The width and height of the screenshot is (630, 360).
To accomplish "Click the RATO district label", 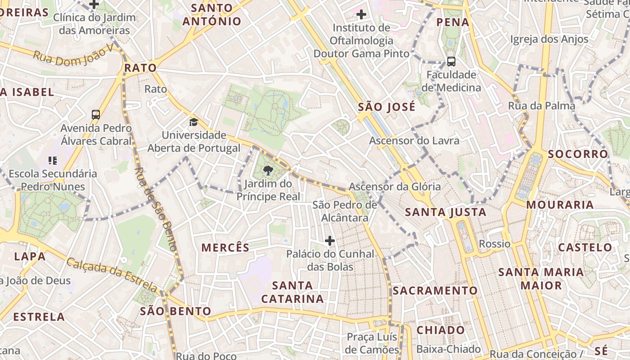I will (140, 68).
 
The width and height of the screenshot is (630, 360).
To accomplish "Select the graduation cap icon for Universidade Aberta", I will (193, 122).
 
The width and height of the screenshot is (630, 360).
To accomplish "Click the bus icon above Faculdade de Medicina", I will (451, 62).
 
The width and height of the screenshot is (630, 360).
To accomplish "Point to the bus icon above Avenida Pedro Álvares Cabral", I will (96, 115).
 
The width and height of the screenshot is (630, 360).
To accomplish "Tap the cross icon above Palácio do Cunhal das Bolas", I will (330, 241).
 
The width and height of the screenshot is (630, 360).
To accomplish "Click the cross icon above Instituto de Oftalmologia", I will (361, 14).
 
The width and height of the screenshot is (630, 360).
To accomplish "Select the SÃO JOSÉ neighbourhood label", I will (387, 107).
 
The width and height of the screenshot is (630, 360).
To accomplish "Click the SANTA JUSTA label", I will (445, 212).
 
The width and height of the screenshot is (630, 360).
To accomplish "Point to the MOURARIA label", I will (560, 205).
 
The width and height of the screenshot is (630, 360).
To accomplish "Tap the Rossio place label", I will (495, 244).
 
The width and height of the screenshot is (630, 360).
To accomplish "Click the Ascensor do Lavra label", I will (414, 140).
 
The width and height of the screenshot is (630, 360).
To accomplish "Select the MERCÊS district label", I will (225, 247).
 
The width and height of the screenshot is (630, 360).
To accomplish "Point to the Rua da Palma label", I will (541, 106).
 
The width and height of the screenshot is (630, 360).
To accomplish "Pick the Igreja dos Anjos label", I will (549, 40).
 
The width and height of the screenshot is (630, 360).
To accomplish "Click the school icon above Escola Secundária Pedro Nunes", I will (52, 160).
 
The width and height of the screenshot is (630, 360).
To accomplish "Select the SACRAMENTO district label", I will (435, 291).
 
